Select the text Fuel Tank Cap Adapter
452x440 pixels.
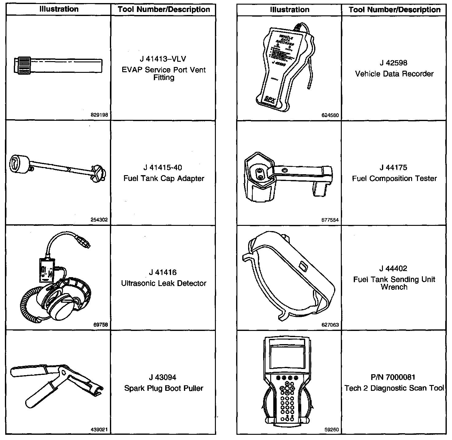(164, 179)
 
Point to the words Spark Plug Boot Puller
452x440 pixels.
(164, 388)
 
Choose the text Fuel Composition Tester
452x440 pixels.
(394, 179)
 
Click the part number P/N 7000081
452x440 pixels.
(394, 377)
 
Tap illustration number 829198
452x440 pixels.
(99, 115)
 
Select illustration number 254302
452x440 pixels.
(99, 220)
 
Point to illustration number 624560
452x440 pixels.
(330, 116)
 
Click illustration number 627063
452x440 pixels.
(330, 325)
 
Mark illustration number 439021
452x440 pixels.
(99, 430)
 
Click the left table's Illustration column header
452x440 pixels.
(59, 9)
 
